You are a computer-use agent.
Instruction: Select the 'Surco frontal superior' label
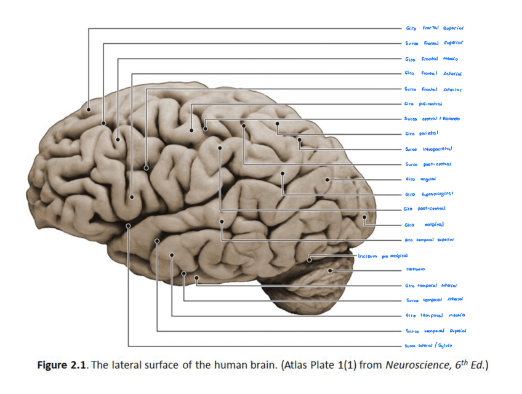(434, 44)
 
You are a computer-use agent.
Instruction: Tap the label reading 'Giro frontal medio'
(432, 59)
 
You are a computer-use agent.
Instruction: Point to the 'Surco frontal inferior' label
(433, 89)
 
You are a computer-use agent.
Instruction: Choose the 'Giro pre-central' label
(424, 104)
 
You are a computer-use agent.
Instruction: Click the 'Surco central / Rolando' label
(432, 119)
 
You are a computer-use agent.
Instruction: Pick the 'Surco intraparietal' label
(428, 149)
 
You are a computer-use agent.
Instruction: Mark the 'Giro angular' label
(420, 179)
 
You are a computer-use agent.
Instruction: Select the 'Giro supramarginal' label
(429, 194)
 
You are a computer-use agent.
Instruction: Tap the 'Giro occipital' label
(424, 225)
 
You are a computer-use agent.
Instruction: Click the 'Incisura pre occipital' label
(383, 255)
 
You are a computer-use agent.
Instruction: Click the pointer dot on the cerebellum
(331, 270)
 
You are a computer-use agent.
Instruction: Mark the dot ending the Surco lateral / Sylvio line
(128, 226)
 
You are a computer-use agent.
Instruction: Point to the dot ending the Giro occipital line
(365, 217)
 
